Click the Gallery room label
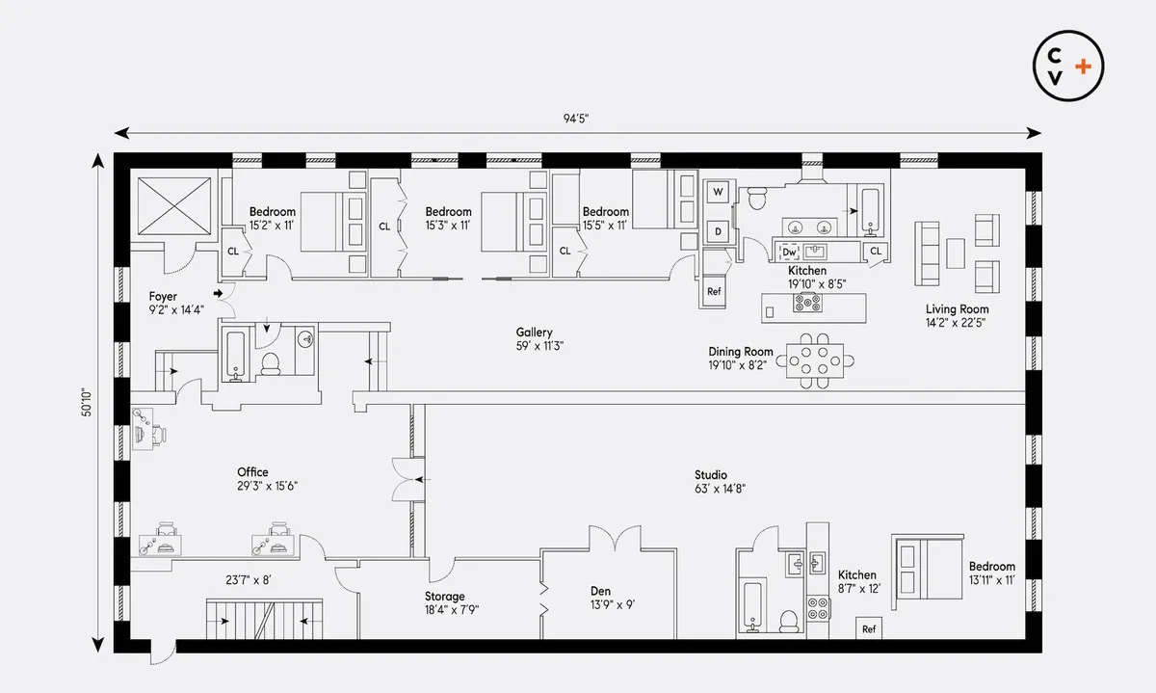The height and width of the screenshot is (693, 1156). pos(534,333)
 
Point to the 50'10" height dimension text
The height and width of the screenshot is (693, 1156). pos(87,401)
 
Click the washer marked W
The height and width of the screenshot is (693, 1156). pos(718,193)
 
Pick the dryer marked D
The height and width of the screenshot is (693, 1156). pos(718,231)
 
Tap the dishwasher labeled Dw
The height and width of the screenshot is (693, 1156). pos(790,253)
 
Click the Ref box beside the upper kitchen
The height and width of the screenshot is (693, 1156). pos(714,291)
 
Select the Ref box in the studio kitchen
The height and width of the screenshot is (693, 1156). pos(869,628)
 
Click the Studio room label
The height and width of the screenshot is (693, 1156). pos(711,475)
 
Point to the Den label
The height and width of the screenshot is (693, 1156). pos(601,592)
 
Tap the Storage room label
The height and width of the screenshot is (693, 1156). pos(445,597)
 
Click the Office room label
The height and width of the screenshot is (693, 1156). pos(253,472)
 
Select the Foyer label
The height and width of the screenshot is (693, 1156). pos(164,297)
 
